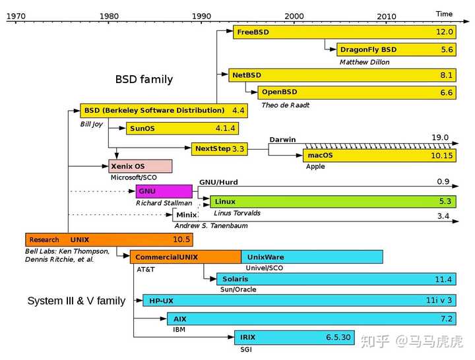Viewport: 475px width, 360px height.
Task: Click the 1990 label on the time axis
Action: [201, 16]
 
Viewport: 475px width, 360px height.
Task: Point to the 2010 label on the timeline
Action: [386, 16]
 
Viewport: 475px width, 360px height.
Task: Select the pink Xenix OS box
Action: [141, 166]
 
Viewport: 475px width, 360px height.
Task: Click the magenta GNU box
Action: [164, 191]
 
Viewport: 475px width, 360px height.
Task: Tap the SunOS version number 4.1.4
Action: [225, 129]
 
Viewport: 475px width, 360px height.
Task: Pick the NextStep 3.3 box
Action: [219, 148]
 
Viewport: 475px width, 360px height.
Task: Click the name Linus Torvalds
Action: [237, 213]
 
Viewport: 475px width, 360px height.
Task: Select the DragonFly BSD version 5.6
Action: [447, 49]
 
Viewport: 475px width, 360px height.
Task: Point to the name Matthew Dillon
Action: [364, 62]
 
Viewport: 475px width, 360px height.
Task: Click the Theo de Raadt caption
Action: [286, 105]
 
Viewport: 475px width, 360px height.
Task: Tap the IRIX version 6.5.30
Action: [338, 338]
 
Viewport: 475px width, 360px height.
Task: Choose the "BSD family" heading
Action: [144, 79]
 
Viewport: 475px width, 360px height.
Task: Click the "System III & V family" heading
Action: [77, 301]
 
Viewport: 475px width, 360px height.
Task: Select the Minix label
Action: [186, 215]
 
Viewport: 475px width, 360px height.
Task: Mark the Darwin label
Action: [282, 140]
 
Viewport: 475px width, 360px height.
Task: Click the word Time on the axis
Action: [444, 14]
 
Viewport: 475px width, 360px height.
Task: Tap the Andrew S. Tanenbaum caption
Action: [211, 225]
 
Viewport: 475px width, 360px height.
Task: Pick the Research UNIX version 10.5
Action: [181, 239]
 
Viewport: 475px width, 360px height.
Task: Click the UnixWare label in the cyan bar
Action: [266, 257]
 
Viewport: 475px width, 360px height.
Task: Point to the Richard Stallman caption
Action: [164, 203]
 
